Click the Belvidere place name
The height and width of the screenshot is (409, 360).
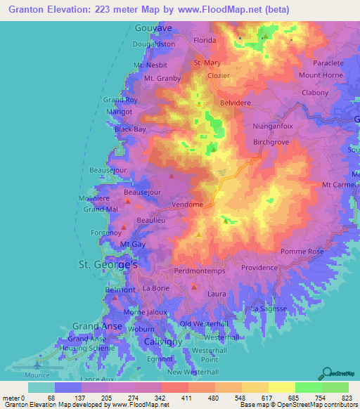click(236, 103)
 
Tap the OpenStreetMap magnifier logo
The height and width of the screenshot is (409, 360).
click(328, 372)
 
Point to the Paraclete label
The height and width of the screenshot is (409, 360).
click(328, 63)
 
